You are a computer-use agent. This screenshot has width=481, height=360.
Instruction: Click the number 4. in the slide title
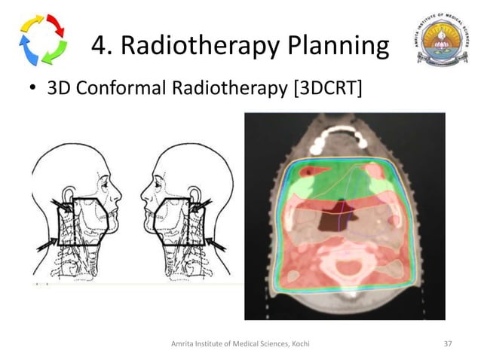[103, 47]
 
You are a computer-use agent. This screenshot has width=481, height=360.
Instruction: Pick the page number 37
[448, 343]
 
